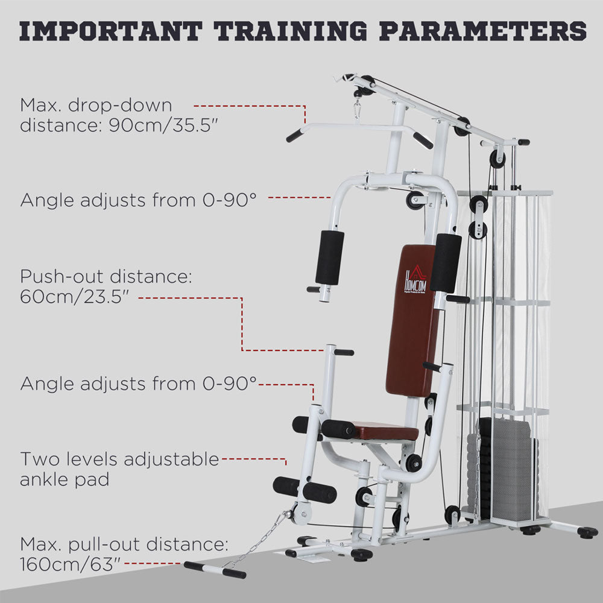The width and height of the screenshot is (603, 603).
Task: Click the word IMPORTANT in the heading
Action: tap(111, 31)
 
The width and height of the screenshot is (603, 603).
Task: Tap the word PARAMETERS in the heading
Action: tap(482, 31)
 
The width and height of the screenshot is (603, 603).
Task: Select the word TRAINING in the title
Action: tap(291, 31)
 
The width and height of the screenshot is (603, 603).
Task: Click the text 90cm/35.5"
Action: tap(164, 125)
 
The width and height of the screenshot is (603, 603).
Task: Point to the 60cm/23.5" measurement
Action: tap(74, 297)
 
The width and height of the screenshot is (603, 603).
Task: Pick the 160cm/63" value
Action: tap(71, 564)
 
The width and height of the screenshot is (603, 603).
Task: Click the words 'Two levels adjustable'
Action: tap(119, 459)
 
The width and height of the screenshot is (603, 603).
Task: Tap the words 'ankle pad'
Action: tap(65, 479)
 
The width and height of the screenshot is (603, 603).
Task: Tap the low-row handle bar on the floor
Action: tap(215, 570)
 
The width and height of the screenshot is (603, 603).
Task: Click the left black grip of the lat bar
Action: tap(295, 135)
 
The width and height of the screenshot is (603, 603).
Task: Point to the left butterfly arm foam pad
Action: tap(330, 257)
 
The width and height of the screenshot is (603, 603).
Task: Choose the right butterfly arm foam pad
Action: tap(446, 262)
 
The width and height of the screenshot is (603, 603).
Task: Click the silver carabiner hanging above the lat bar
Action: tap(358, 109)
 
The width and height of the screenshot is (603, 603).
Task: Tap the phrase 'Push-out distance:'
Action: tap(106, 277)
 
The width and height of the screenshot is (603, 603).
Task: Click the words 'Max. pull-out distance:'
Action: tap(124, 544)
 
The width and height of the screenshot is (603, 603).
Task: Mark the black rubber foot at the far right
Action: tap(587, 532)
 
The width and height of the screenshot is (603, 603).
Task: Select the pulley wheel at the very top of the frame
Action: tap(368, 82)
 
